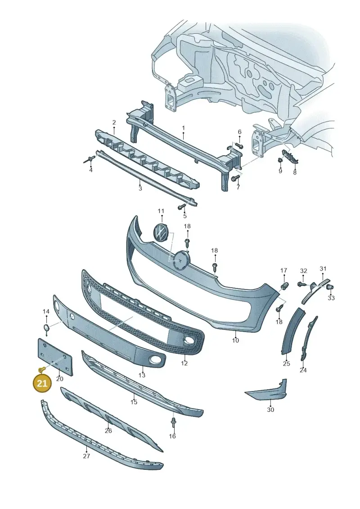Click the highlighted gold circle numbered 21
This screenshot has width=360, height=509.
click(x=42, y=383)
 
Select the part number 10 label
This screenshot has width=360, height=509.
click(x=235, y=340)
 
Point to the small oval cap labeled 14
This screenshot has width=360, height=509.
click(x=46, y=328)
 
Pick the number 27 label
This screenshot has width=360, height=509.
click(x=87, y=456)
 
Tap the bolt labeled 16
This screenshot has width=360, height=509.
click(x=173, y=422)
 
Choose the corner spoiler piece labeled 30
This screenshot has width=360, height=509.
click(x=266, y=391)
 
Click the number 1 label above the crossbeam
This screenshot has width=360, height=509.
click(x=183, y=128)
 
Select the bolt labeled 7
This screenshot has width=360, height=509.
click(x=236, y=178)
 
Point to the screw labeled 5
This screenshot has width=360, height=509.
click(x=181, y=207)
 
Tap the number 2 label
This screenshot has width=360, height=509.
click(x=114, y=122)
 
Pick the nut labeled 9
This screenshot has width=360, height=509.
click(x=279, y=160)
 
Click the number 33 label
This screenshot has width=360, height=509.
click(x=331, y=297)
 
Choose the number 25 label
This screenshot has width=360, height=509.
click(x=286, y=364)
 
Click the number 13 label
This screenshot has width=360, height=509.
click(x=142, y=375)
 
